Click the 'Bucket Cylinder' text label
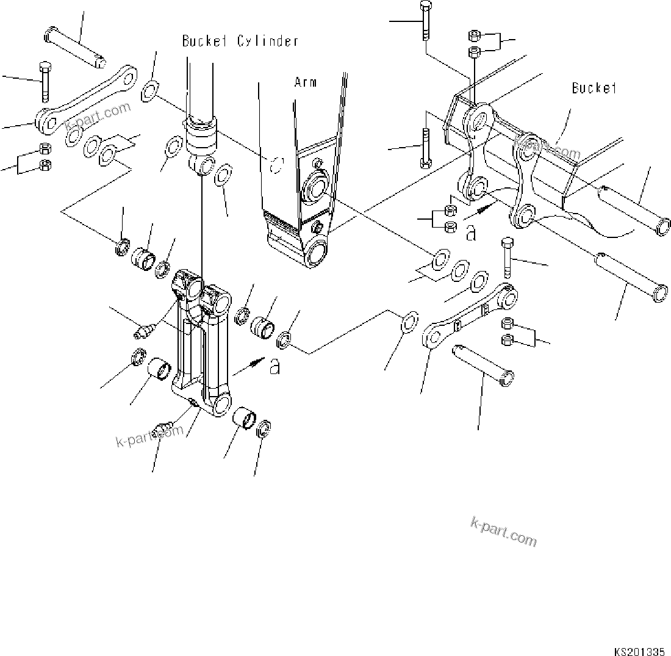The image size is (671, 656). (240, 41)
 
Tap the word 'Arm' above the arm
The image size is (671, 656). (305, 82)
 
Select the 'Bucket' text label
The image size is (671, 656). (594, 88)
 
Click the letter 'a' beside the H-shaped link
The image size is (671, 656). (275, 366)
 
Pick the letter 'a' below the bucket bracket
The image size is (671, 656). (470, 233)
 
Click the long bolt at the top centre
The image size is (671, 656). (425, 21)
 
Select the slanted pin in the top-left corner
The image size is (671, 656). (76, 49)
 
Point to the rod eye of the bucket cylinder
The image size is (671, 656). (202, 165)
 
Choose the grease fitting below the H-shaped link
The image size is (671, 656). (164, 426)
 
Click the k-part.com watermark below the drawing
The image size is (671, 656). (503, 531)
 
